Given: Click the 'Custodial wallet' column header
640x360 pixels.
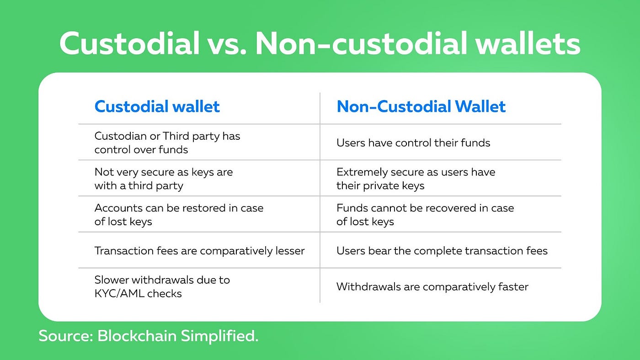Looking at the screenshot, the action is (157, 106).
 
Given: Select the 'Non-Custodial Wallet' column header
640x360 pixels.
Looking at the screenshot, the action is (421, 106).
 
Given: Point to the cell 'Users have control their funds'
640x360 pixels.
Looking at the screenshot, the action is (413, 143).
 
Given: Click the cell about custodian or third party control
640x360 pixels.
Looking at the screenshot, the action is (167, 143).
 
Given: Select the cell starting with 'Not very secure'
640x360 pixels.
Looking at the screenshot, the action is (164, 179).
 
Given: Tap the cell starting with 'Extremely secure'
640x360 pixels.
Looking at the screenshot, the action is (416, 179).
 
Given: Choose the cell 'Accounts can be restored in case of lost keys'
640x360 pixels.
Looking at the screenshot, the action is (179, 215).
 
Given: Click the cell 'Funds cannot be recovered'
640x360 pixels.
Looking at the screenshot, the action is (425, 215).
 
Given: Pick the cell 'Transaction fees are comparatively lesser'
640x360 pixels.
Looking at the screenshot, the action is (199, 251).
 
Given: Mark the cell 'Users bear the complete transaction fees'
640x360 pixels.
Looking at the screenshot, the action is (442, 251).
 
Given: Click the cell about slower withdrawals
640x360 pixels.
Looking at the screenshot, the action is (162, 286).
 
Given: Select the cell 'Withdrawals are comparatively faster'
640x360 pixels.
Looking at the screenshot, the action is (432, 287).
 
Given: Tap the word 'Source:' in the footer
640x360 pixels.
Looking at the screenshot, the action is (66, 336).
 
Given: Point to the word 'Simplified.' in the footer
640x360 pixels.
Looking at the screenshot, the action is (219, 336).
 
